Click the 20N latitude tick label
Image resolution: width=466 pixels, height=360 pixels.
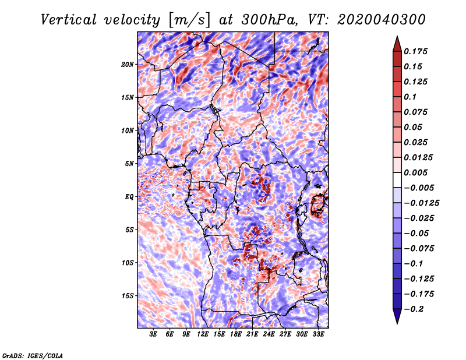(x=128, y=64)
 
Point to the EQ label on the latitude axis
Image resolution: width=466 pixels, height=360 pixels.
(x=129, y=197)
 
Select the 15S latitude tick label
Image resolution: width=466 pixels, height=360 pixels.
(x=128, y=296)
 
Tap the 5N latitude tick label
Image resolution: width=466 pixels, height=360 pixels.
(x=129, y=164)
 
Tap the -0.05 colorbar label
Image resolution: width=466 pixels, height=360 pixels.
(x=417, y=233)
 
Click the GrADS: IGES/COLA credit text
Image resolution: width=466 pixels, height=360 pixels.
(x=32, y=355)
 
